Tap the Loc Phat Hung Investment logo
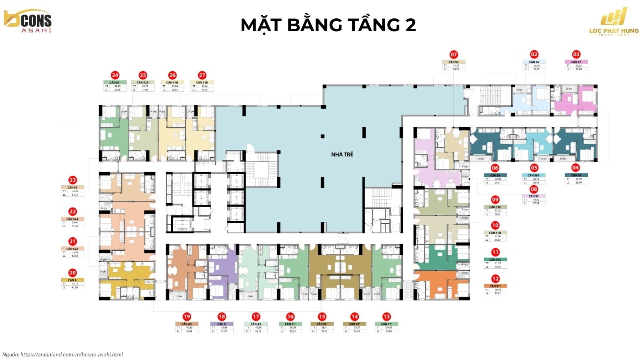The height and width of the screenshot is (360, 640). pos(614,23)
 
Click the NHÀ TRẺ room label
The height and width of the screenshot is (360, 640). pos(342,154)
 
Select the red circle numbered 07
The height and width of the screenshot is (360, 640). pos(454,54)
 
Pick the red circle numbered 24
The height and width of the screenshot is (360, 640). pos(115,75)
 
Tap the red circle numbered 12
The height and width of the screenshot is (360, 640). pos(495,279)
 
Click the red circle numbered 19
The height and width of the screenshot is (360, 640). pos(186,316)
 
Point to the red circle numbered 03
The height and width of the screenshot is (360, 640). pos(576,54)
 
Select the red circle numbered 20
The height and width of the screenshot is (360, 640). pos(72,273)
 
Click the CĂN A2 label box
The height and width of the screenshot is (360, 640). pos(186,324)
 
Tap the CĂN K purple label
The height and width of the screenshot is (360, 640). pos(222,324)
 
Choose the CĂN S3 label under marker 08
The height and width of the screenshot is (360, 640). pos(534,196)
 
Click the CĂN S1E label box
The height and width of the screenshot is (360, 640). pos(495,207)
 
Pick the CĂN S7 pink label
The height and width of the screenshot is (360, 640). pos(576,62)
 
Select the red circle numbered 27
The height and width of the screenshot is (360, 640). pos(202,75)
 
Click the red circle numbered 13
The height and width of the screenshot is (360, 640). pos(386,316)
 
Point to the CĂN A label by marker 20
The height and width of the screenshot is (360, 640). pos(72,280)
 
